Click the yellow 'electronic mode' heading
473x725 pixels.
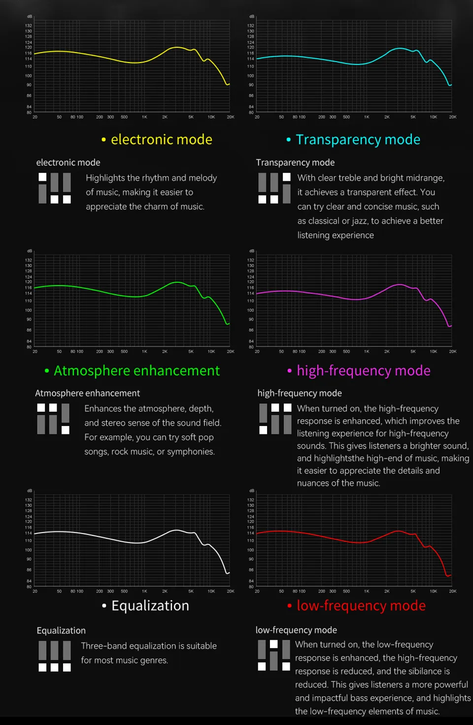[x=161, y=139]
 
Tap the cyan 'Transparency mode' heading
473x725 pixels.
[x=358, y=139]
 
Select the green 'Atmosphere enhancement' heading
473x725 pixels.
[x=136, y=370]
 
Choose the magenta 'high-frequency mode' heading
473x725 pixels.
[x=363, y=370]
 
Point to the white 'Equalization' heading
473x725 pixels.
[x=150, y=605]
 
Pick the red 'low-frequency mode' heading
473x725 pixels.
[x=361, y=605]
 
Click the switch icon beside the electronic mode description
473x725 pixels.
[x=55, y=188]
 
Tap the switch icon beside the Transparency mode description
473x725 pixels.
[x=274, y=188]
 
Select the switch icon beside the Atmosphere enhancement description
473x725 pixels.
[x=53, y=419]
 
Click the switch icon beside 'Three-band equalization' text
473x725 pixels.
[x=55, y=656]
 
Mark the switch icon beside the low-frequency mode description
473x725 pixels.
[x=274, y=655]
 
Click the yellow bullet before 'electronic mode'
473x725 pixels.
[x=103, y=140]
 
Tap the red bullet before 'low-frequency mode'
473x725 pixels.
[x=290, y=606]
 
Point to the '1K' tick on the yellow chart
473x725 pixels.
[x=144, y=117]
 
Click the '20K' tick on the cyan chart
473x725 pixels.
[x=452, y=117]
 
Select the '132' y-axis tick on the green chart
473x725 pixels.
[x=29, y=260]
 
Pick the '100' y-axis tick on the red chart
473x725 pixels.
[x=251, y=550]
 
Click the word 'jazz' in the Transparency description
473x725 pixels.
[x=355, y=221]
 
